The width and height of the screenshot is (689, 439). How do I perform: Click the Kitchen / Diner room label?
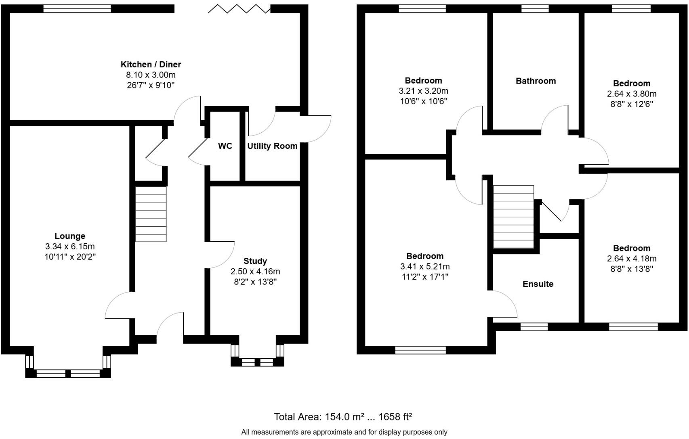151,64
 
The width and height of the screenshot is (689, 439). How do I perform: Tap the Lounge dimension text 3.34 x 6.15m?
70,247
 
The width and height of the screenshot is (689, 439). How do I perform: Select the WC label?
225,146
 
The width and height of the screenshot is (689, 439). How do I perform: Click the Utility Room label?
272,146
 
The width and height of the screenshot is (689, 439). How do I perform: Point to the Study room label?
255,261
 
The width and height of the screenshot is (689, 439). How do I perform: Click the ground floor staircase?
151,214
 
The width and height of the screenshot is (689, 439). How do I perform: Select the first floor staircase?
513,217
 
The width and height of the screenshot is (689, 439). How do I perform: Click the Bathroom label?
536,81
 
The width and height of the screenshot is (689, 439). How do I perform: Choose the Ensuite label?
538,284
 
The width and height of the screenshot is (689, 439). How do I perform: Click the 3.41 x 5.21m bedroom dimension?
424,266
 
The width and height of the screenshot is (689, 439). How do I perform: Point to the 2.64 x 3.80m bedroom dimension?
631,94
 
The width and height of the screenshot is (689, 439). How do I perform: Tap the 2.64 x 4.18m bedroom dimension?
631,259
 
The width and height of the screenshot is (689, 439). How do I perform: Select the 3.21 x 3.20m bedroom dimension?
423,91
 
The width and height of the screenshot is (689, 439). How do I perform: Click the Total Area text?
342,416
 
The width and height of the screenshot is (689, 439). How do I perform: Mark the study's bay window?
257,362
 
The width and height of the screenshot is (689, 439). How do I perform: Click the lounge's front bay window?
68,373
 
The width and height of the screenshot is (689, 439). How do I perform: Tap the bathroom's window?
535,8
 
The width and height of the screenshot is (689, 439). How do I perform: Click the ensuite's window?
534,327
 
